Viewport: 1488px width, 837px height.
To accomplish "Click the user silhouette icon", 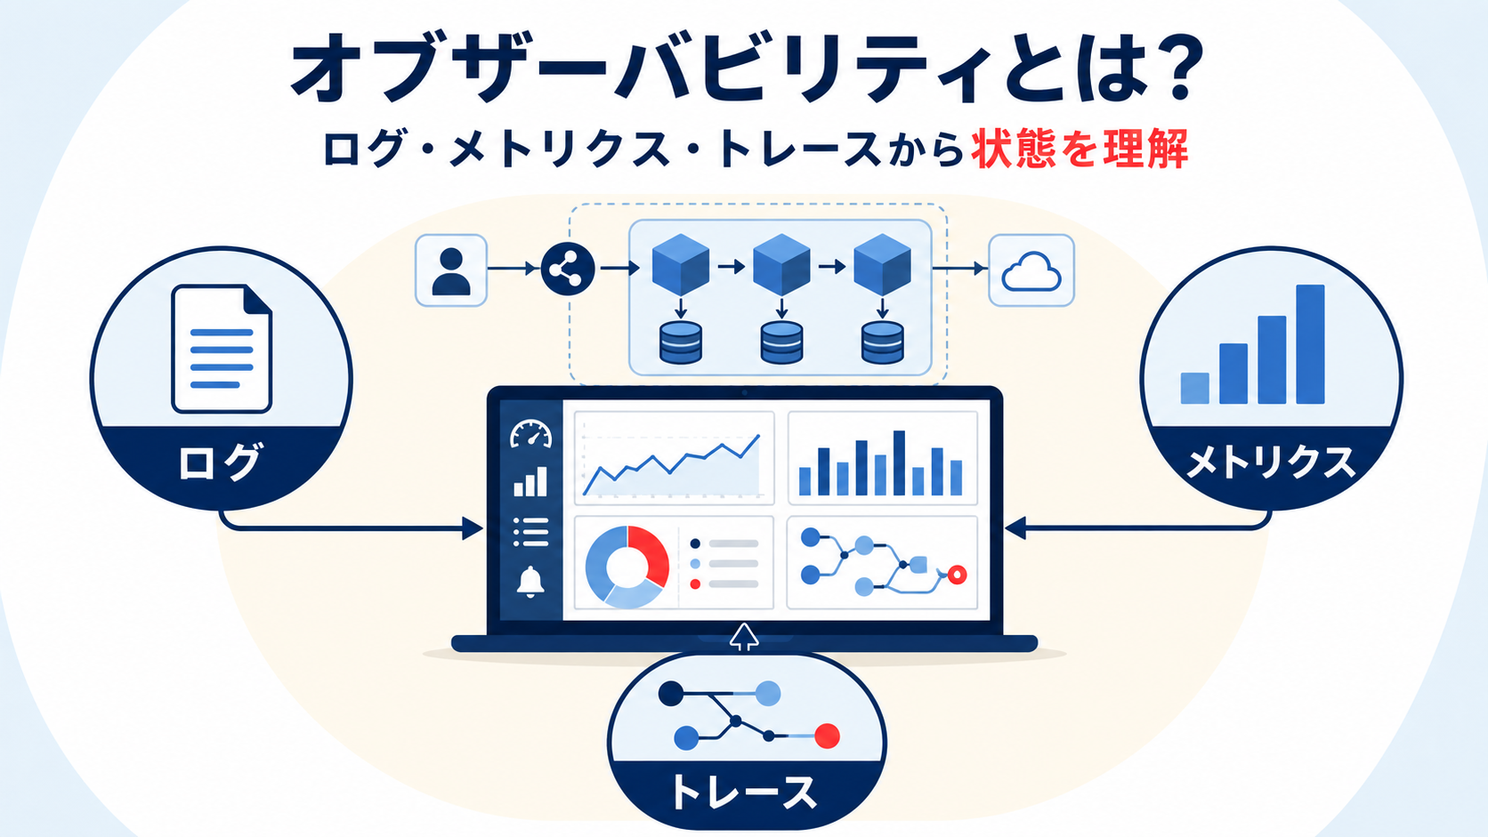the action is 451,271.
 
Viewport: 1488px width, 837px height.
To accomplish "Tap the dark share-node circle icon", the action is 567,269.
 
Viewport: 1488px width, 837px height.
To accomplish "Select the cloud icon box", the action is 1031,270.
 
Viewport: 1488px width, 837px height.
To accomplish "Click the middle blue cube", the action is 781,264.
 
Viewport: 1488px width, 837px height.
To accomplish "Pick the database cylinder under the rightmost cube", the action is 882,342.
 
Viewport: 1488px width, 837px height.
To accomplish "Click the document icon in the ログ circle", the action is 222,349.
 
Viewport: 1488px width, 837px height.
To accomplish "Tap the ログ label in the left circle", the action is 219,462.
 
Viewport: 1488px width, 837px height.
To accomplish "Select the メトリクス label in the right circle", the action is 1270,462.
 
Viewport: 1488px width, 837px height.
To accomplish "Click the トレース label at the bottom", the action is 745,792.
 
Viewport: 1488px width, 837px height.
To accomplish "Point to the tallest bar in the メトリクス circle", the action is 1310,344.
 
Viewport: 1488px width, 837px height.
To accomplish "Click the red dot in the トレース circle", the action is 827,736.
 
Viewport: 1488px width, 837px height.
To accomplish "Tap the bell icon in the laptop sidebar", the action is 530,582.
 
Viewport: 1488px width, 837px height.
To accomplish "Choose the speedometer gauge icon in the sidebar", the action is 530,434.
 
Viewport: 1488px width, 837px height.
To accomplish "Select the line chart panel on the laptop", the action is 675,457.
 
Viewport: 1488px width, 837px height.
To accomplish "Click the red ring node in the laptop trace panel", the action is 958,575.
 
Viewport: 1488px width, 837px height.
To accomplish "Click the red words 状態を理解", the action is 1080,149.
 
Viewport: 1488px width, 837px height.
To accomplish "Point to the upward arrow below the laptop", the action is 744,637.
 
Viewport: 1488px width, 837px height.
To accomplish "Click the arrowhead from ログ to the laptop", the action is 473,528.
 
